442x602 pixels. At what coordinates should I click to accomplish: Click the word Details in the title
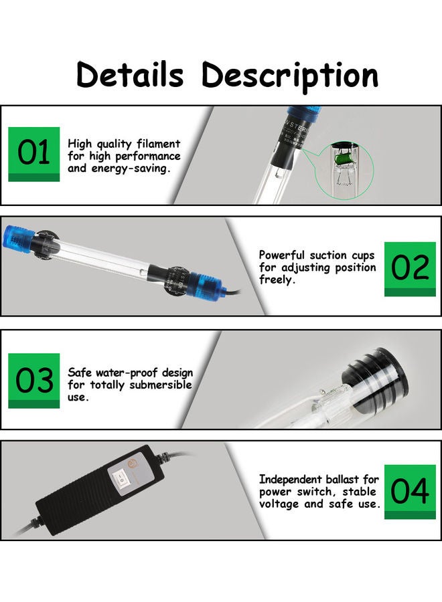pos(129,75)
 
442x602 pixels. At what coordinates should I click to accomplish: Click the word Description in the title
pos(290,75)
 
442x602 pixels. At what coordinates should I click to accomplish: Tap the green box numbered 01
pos(33,154)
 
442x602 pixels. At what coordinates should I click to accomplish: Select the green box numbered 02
pos(409,268)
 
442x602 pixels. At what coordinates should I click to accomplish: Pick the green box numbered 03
pos(33,381)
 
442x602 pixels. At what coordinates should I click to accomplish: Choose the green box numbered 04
pos(409,492)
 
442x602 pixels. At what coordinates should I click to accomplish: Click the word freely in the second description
pos(276,280)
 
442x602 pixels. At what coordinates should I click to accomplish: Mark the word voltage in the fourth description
pos(281,504)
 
